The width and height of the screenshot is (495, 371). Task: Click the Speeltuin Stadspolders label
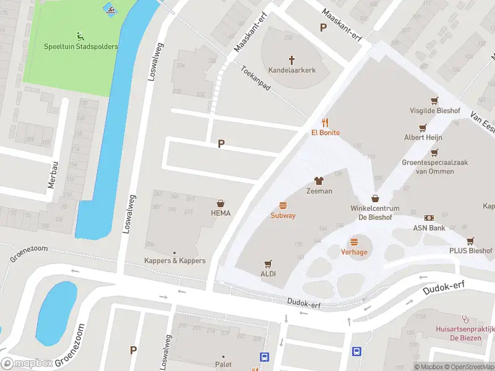80,46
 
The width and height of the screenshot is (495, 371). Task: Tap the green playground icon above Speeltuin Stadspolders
80,35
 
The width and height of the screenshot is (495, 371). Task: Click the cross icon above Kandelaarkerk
291,59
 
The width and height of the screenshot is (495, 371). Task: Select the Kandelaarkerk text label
291,70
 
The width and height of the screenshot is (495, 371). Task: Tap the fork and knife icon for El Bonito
325,122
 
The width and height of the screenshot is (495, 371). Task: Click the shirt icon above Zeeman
319,181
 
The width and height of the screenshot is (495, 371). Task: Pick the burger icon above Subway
283,205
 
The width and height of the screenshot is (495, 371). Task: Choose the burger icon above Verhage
354,242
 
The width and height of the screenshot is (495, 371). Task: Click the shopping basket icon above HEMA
220,203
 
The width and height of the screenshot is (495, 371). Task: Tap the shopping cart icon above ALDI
268,263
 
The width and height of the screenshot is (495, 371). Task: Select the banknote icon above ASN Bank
429,218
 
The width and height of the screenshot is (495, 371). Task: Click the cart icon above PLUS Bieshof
470,241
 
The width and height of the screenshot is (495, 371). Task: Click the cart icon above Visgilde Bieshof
434,100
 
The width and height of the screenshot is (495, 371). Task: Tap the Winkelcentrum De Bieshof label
375,213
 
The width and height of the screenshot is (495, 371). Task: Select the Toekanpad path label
256,79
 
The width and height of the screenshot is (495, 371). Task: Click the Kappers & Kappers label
174,261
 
